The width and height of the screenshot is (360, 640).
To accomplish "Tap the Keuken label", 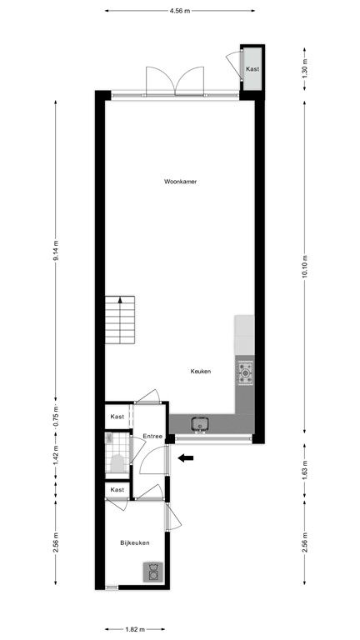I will coord(201,372).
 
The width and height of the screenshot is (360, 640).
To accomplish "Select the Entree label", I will coord(152,437).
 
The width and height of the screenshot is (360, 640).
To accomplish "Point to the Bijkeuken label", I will coord(134,542).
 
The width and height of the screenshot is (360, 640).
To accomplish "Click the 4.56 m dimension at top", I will coord(180,12).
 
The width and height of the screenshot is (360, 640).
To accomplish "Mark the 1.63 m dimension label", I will coord(305,472).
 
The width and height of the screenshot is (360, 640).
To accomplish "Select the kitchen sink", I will coord(199,425).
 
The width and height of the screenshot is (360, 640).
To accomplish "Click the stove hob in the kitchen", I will coord(245,372).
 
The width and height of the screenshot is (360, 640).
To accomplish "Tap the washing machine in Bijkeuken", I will coord(153,572).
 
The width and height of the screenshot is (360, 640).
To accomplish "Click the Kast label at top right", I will coord(252,69).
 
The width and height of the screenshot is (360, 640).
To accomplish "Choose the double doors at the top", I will coord(175,82).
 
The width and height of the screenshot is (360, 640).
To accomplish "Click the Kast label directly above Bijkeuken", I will coord(117,490).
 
